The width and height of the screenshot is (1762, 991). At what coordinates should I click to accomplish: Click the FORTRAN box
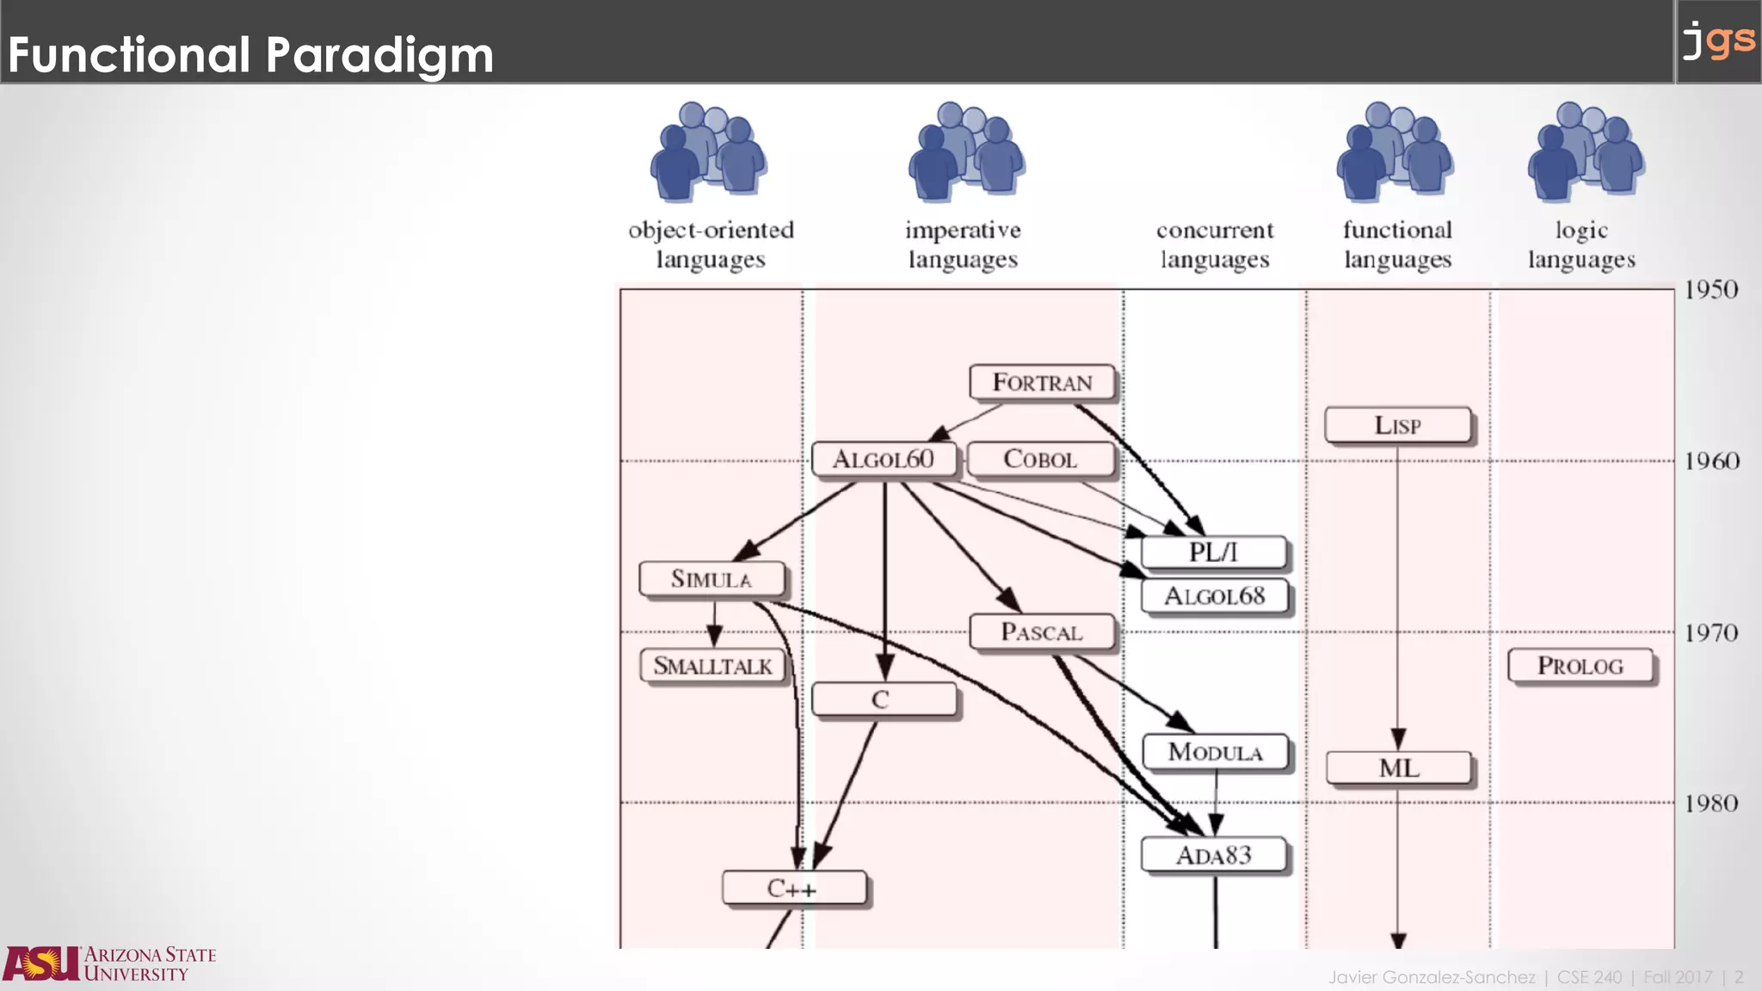click(1042, 382)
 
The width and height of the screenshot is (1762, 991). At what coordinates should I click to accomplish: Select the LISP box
click(1397, 425)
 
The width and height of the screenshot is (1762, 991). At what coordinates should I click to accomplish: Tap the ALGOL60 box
click(884, 459)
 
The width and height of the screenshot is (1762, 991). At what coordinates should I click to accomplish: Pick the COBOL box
click(1040, 459)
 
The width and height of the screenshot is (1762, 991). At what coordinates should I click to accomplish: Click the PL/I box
click(1213, 552)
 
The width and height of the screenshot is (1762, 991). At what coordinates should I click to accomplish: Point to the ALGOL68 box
click(1214, 595)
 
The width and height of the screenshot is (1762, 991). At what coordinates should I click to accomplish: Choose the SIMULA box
click(712, 579)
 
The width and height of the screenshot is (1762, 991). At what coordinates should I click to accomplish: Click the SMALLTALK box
click(712, 666)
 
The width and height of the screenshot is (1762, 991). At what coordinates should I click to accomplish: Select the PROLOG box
click(1580, 666)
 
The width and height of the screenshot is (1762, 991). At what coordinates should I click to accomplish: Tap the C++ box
click(793, 888)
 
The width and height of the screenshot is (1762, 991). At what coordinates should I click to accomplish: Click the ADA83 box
click(1213, 855)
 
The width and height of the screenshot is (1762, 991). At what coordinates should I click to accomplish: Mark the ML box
click(1398, 768)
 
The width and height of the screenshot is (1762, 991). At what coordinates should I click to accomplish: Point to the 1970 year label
click(1711, 633)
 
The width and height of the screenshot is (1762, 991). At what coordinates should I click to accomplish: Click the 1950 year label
click(1711, 290)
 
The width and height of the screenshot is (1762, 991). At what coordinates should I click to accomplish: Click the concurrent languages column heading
click(1214, 244)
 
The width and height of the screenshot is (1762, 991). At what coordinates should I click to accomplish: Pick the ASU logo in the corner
click(109, 963)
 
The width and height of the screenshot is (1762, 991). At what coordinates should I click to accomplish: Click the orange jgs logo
click(1718, 40)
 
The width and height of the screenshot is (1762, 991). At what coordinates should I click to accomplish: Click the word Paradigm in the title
click(379, 55)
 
